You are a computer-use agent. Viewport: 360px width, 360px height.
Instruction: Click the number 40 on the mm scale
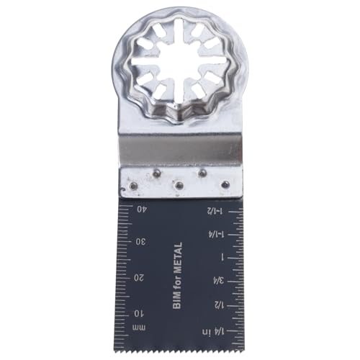pyautogui.click(x=141, y=209)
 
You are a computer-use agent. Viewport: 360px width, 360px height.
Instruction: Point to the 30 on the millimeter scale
pyautogui.click(x=140, y=242)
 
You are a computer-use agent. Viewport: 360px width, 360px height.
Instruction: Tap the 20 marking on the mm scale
pyautogui.click(x=139, y=278)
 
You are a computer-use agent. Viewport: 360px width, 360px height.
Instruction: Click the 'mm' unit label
pyautogui.click(x=139, y=328)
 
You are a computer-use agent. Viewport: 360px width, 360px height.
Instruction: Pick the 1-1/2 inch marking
pyautogui.click(x=215, y=211)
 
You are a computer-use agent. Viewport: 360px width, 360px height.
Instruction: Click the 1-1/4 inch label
pyautogui.click(x=216, y=235)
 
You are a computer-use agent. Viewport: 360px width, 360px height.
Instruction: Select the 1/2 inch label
pyautogui.click(x=219, y=305)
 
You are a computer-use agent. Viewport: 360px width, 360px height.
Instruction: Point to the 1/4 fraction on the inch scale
pyautogui.click(x=220, y=332)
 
